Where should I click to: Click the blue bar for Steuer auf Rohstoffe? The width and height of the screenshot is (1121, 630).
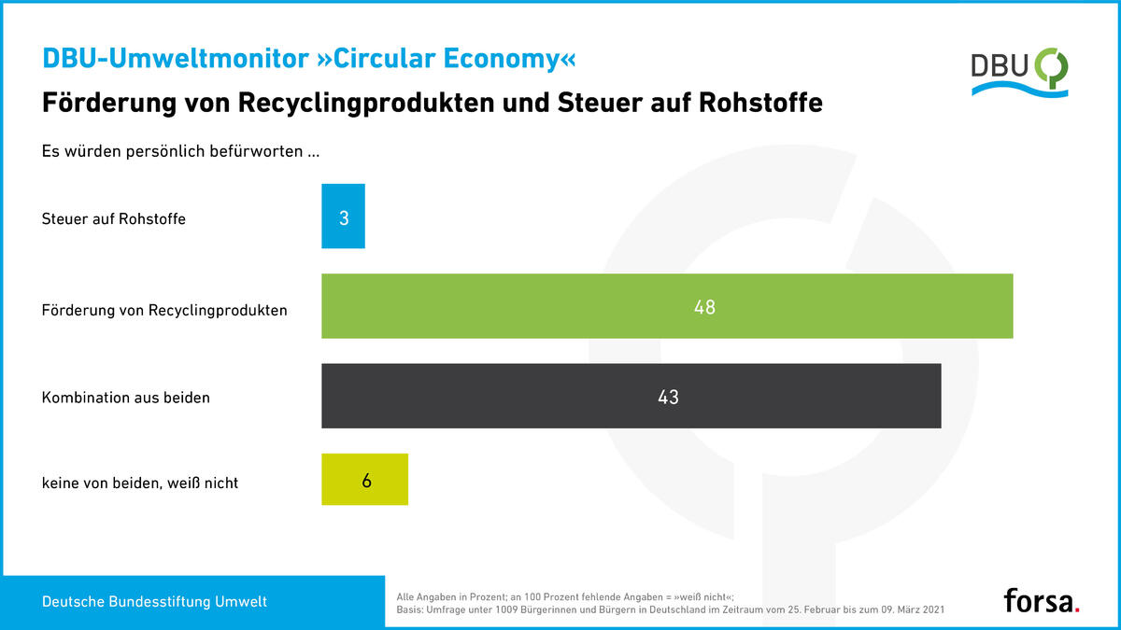(343, 216)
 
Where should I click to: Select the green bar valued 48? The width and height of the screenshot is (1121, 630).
(667, 306)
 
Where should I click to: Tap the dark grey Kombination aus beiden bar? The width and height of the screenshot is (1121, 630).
(631, 396)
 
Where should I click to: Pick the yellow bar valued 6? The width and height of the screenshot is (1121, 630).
(364, 479)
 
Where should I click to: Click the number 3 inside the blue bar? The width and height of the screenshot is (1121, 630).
(344, 218)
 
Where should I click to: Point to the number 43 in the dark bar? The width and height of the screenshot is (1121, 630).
(668, 397)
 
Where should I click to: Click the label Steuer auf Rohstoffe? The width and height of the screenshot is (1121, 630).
(114, 219)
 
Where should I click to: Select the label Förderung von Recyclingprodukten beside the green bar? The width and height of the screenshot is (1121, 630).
(164, 310)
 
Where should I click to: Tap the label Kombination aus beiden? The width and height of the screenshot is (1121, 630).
(125, 398)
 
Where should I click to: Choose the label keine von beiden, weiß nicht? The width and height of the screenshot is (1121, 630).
(140, 483)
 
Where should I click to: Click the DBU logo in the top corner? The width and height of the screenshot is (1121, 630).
(1019, 73)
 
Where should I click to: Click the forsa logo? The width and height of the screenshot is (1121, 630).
(1042, 600)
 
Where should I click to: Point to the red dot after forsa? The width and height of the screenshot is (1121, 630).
(1077, 609)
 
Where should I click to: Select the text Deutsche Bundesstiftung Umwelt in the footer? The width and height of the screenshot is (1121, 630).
(155, 601)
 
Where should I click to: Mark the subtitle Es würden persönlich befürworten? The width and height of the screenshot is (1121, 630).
(180, 151)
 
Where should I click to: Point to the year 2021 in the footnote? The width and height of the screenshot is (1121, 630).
(933, 610)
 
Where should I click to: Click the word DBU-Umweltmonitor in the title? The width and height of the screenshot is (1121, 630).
(176, 59)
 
